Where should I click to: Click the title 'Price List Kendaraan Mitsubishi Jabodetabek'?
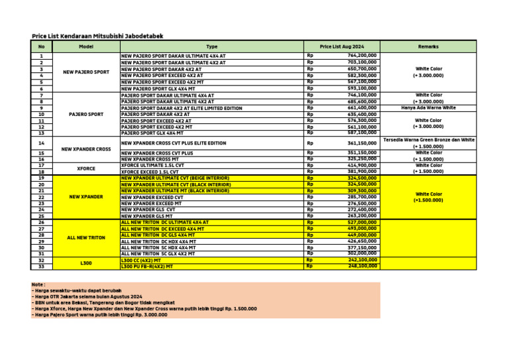(97, 36)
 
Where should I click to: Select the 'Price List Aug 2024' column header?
(341, 46)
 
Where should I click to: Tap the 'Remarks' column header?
(428, 46)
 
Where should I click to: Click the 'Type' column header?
(211, 46)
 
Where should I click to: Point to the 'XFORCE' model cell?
(86, 168)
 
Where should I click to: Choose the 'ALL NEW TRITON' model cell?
(86, 237)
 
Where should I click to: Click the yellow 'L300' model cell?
(86, 263)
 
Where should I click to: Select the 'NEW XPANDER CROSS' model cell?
(86, 149)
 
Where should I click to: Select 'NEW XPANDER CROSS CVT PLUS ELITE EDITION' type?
(174, 143)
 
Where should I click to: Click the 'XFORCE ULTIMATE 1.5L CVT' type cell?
(152, 165)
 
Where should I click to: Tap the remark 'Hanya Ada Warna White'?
(428, 107)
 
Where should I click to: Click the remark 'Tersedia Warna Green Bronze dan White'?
(428, 140)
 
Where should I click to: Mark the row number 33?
(41, 266)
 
